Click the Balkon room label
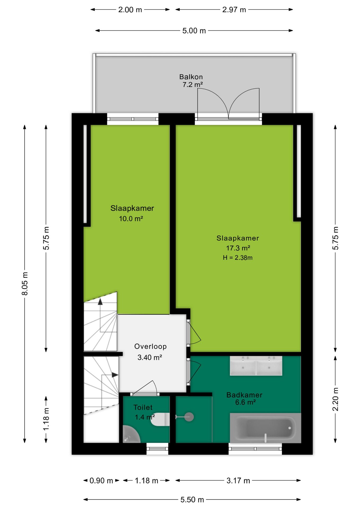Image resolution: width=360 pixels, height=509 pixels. (191, 77)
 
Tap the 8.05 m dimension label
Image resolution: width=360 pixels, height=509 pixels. (25, 283)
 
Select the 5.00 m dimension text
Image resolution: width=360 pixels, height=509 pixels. (194, 31)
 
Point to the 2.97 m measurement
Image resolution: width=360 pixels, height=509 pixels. (234, 10)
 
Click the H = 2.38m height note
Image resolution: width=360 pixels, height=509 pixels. (238, 258)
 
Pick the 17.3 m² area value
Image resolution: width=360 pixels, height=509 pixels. (238, 248)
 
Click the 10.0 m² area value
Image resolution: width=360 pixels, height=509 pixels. (131, 219)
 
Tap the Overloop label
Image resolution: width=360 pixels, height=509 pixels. (150, 346)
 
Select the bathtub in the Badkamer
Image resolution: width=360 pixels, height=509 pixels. (265, 428)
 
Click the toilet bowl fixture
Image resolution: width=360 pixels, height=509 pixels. (160, 419)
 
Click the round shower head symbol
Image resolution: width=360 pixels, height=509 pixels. (189, 417)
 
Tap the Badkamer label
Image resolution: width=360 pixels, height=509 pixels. (244, 395)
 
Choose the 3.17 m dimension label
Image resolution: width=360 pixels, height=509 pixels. (238, 481)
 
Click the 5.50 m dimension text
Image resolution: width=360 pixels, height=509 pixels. (192, 500)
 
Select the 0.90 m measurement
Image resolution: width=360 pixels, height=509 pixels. (101, 481)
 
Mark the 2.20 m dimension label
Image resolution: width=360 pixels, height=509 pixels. (336, 399)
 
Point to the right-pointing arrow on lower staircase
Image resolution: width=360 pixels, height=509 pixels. (115, 375)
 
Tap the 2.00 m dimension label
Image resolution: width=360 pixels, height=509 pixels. (130, 10)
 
